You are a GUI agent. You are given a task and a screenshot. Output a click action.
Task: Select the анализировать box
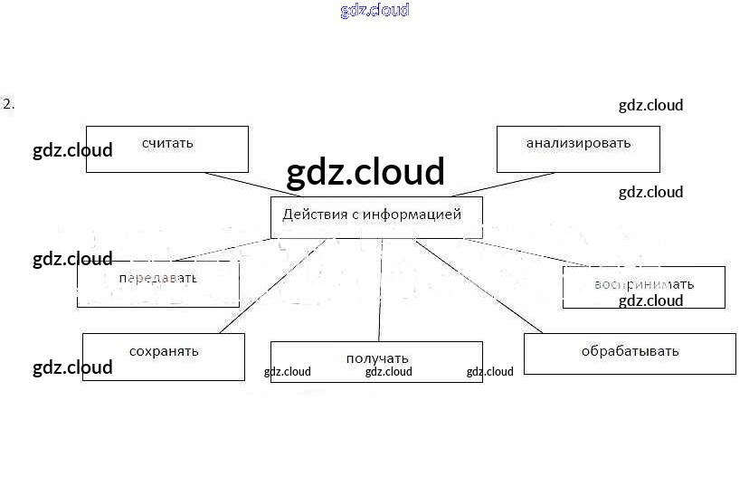coord(578,148)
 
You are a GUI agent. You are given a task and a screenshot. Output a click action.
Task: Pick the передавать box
coord(157,283)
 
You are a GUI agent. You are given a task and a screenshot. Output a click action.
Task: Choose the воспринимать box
coord(643,286)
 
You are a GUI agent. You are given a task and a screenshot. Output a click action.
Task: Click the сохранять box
coord(164,356)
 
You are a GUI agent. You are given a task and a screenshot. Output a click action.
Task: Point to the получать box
coord(376,362)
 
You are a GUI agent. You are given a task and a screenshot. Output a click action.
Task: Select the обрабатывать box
coord(630,353)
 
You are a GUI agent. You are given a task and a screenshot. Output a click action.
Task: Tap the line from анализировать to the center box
coord(502,184)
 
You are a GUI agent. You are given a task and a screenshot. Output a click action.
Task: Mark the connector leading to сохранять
coord(271,286)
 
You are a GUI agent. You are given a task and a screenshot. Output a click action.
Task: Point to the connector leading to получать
coord(380,290)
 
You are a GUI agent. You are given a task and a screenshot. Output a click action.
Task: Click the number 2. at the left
coord(9,103)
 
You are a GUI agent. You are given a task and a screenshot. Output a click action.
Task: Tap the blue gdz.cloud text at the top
coord(374,10)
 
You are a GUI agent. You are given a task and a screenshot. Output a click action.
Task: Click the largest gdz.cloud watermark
coord(365,172)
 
